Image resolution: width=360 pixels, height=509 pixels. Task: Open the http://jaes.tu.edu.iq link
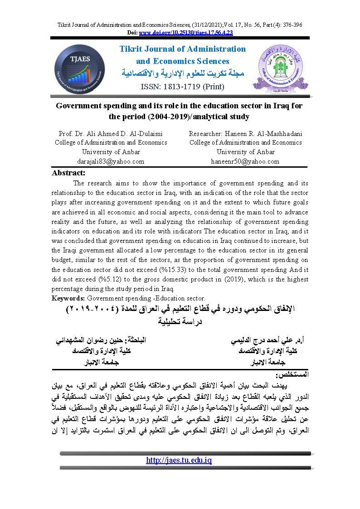pyautogui.click(x=179, y=461)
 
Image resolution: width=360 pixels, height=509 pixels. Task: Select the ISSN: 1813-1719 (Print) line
pyautogui.click(x=182, y=86)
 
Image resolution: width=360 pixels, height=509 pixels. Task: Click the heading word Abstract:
pyautogui.click(x=68, y=173)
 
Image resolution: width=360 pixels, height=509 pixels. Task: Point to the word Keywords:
pyautogui.click(x=68, y=298)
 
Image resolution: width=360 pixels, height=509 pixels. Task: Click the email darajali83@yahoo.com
pyautogui.click(x=111, y=161)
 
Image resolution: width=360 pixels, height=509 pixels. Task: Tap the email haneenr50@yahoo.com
pyautogui.click(x=245, y=161)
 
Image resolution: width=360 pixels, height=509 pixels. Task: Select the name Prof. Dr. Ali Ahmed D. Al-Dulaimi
pyautogui.click(x=111, y=134)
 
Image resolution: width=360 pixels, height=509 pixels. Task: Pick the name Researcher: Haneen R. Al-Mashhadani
pyautogui.click(x=245, y=134)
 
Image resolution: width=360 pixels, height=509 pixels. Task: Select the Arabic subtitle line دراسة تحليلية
pyautogui.click(x=180, y=322)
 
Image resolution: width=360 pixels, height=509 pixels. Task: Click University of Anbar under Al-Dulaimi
pyautogui.click(x=111, y=152)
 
